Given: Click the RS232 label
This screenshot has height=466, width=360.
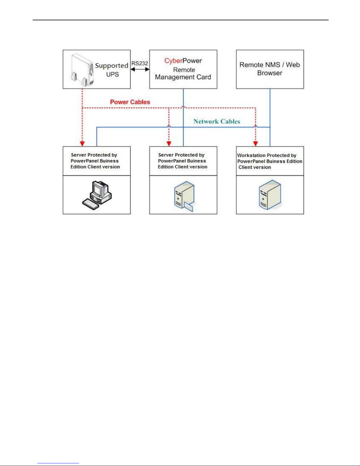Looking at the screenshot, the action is (x=140, y=64).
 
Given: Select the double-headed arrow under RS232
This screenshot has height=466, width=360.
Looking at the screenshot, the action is (x=140, y=69).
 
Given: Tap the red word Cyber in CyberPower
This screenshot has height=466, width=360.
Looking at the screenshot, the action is (x=173, y=61).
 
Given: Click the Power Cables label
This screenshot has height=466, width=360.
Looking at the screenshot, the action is (x=130, y=102).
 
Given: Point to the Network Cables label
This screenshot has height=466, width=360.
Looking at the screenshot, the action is (x=217, y=121).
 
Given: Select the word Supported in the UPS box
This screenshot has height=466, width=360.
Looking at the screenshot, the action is (x=112, y=66).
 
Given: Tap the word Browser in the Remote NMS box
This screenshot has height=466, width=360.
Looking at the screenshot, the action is (x=270, y=73).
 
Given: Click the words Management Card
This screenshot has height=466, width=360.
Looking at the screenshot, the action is (x=183, y=77).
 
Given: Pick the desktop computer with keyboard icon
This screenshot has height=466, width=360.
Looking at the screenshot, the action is (x=97, y=195).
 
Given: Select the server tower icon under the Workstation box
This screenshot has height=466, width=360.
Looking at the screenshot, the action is (x=270, y=195).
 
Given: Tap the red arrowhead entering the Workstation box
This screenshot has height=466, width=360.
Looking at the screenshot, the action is (x=255, y=144).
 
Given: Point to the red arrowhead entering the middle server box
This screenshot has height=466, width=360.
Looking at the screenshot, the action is (x=169, y=144).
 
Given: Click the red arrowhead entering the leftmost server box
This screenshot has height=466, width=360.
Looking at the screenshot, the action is (x=82, y=144).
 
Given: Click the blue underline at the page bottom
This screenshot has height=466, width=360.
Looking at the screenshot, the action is (x=58, y=463).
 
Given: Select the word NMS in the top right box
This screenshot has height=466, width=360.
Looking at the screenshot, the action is (x=273, y=65).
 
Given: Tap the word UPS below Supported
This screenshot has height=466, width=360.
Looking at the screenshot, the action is (x=113, y=74).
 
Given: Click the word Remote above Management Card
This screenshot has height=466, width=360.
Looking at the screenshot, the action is (x=184, y=70).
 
